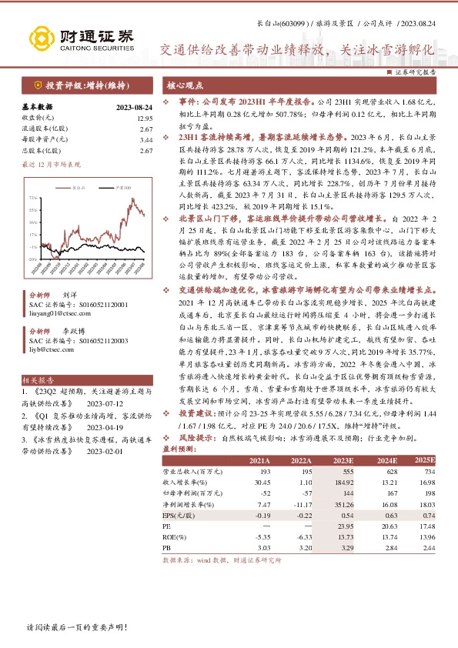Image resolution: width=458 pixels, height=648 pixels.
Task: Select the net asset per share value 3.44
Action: pos(146,140)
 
